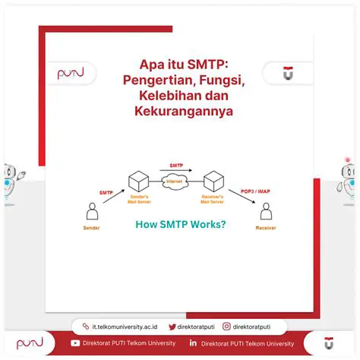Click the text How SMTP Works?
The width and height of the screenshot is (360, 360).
tap(180, 224)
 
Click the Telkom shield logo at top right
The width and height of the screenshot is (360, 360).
tap(288, 73)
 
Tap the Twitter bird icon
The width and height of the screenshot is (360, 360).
tap(172, 327)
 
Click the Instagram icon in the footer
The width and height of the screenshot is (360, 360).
tap(226, 327)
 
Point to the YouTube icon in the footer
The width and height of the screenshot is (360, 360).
tap(74, 343)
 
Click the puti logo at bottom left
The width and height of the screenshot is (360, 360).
tap(30, 343)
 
